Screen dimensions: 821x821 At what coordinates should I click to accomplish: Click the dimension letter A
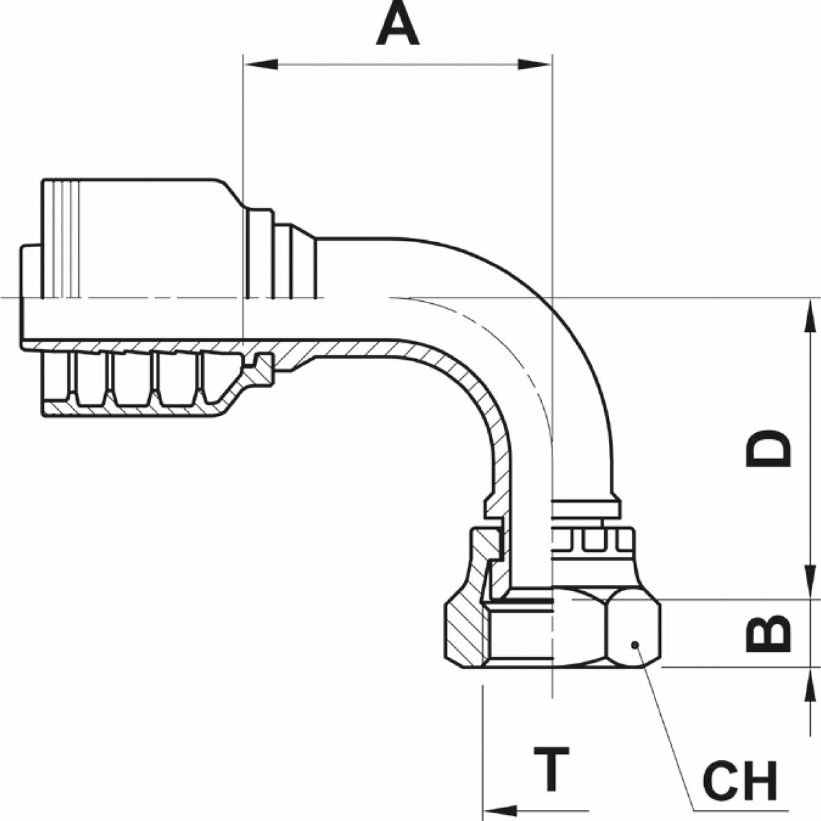(x=398, y=26)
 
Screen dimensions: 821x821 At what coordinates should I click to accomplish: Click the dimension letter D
(x=768, y=448)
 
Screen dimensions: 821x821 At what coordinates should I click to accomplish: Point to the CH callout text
(x=741, y=781)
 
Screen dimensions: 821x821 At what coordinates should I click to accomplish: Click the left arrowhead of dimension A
(x=260, y=64)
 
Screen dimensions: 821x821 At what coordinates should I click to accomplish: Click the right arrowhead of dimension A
(x=535, y=64)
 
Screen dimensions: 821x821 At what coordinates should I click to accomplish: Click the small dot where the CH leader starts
(x=634, y=644)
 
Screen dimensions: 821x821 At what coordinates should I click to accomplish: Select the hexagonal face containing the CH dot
(x=634, y=629)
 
